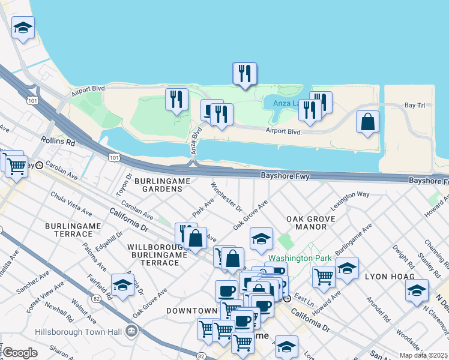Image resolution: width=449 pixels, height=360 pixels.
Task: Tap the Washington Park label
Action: (300, 258)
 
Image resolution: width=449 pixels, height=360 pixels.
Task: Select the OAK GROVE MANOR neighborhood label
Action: (306, 223)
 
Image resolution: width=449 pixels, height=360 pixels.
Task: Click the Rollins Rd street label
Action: (58, 142)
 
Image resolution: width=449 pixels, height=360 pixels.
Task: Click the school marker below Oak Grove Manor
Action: (261, 239)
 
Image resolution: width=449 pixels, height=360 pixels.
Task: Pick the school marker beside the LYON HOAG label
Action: (417, 290)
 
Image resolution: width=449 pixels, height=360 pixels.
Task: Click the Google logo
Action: (20, 353)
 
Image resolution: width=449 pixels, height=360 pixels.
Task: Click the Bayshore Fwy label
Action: (285, 176)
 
